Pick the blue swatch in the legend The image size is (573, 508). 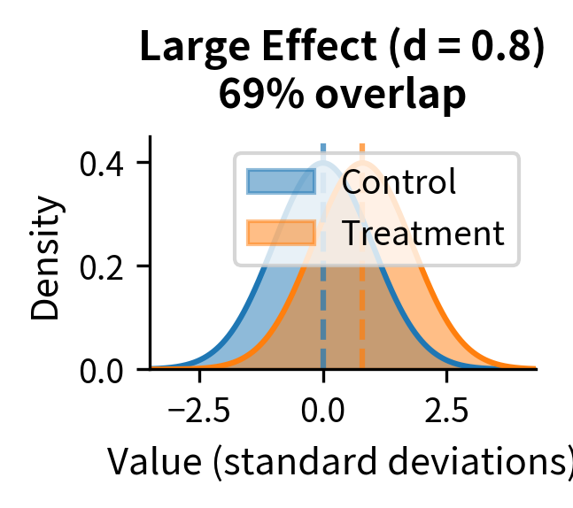coord(281,181)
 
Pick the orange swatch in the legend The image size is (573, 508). coord(281,233)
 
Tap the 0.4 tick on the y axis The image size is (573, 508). coord(102,164)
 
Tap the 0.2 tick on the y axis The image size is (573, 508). coord(102,266)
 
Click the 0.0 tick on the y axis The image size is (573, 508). coord(102,369)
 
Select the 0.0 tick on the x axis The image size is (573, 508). coord(323,412)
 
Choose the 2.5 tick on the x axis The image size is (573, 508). coord(446,412)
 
